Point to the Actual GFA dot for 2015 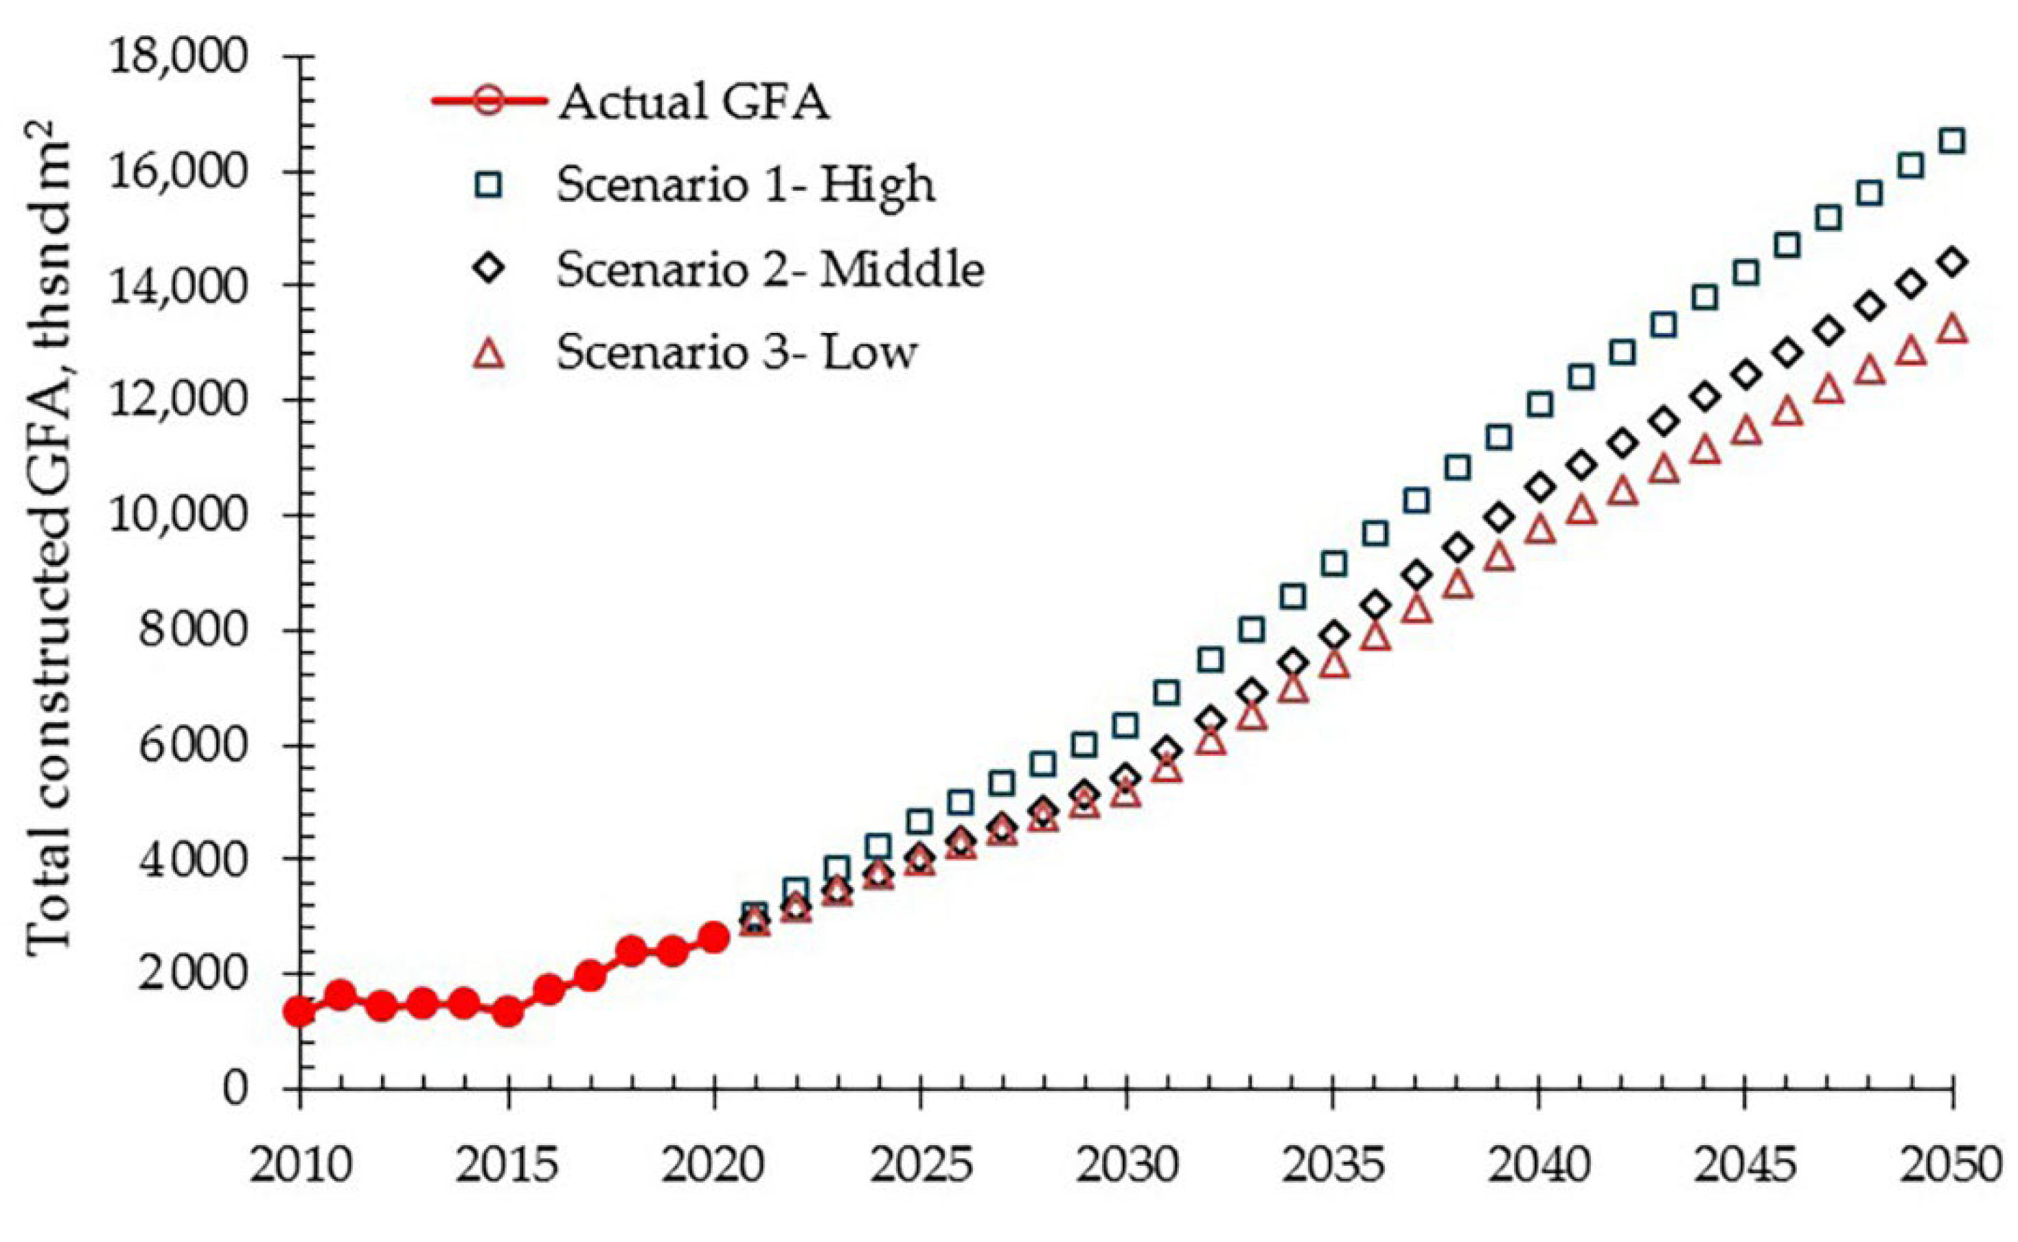coord(508,1012)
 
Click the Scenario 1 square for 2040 coord(1540,404)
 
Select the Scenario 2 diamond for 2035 coord(1334,635)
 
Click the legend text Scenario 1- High coord(746,185)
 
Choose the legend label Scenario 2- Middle coord(770,268)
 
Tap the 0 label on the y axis coord(235,1088)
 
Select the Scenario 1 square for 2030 coord(1126,725)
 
